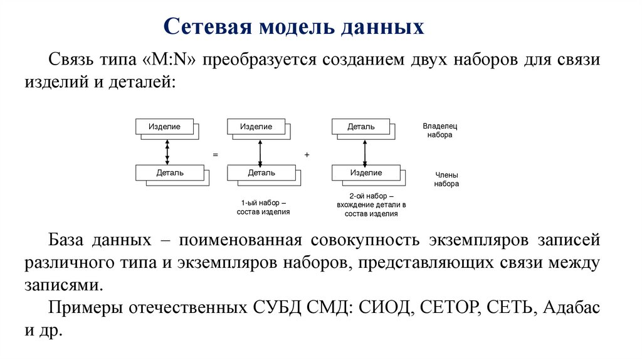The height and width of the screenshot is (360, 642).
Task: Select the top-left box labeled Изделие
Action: pyautogui.click(x=164, y=127)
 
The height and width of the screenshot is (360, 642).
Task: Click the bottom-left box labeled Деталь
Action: pyautogui.click(x=169, y=172)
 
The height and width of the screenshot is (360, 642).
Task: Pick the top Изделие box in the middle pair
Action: pyautogui.click(x=256, y=127)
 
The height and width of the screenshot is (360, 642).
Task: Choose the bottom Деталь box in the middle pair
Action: pyautogui.click(x=261, y=172)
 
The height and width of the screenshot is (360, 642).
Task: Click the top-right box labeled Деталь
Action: pyautogui.click(x=360, y=127)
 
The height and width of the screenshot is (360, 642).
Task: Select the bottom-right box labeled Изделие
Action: pyautogui.click(x=366, y=172)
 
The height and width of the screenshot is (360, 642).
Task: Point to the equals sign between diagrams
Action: pyautogui.click(x=215, y=154)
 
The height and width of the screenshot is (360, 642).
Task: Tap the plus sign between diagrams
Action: pyautogui.click(x=307, y=154)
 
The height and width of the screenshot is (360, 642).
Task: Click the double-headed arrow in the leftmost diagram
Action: pyautogui.click(x=167, y=149)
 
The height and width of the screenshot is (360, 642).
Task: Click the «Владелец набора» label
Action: pyautogui.click(x=439, y=130)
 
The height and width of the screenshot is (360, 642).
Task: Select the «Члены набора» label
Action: pyautogui.click(x=446, y=179)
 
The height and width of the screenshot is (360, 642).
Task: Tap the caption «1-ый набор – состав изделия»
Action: pyautogui.click(x=263, y=208)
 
